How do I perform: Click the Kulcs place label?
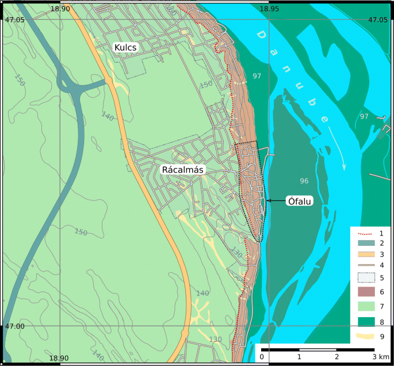(126, 47)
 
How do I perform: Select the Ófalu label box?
(299, 201)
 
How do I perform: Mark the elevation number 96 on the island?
(304, 181)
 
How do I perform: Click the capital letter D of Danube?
(262, 36)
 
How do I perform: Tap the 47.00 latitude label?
(14, 326)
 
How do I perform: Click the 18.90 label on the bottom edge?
(59, 358)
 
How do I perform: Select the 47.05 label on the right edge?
(377, 20)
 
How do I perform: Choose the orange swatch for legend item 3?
(366, 254)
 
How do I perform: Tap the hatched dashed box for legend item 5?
(366, 277)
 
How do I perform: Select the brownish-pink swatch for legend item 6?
(366, 292)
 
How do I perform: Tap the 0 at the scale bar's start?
(262, 357)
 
